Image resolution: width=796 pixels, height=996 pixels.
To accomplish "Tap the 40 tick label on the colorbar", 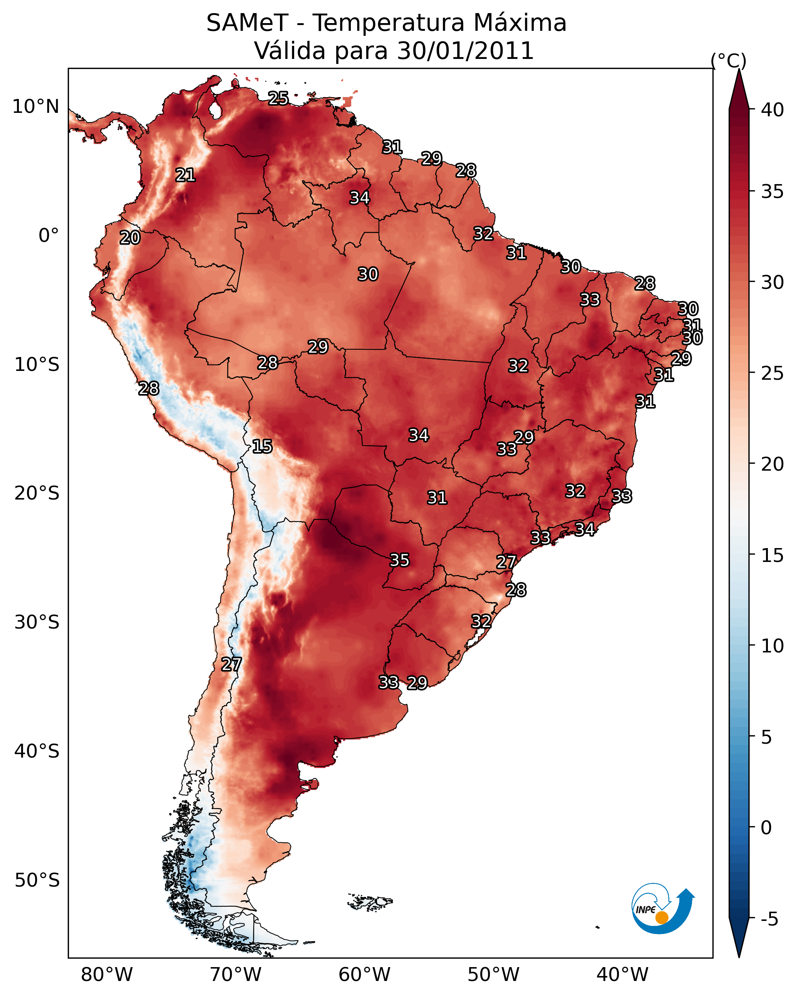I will click(x=773, y=110).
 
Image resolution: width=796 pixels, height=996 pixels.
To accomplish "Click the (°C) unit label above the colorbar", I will click(x=729, y=60).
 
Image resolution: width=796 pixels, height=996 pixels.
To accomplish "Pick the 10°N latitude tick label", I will click(x=35, y=107).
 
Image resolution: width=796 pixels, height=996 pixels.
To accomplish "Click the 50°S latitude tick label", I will click(x=37, y=880).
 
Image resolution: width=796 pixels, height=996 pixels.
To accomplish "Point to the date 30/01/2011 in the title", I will click(x=465, y=51).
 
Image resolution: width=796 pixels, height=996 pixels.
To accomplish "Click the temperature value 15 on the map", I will click(x=262, y=446).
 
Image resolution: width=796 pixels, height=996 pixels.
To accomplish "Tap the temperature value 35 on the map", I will click(x=400, y=560).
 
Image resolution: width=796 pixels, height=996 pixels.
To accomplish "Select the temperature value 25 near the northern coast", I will click(x=278, y=98).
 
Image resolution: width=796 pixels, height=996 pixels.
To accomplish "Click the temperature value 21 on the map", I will click(x=185, y=175).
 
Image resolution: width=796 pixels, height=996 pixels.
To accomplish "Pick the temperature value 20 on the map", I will click(x=130, y=238).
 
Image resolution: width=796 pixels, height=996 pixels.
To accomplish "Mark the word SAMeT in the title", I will click(x=247, y=23).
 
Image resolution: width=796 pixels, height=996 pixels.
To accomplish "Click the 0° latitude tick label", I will click(x=49, y=236).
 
